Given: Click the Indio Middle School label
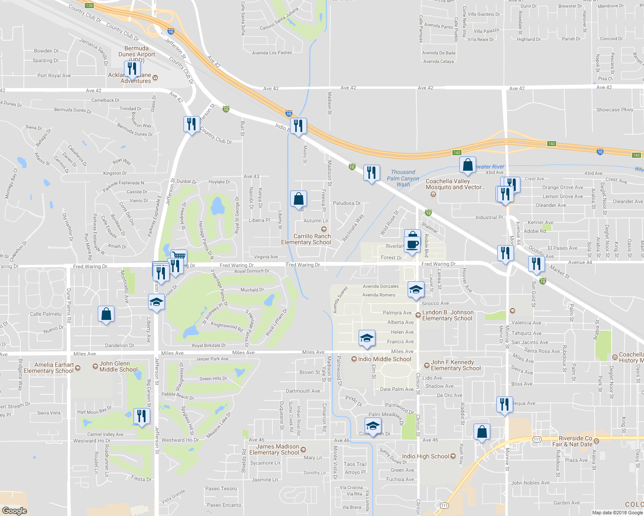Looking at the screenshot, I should (x=384, y=359).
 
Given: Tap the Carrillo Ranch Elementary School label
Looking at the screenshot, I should (x=306, y=239).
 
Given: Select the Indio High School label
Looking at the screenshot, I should (x=425, y=456).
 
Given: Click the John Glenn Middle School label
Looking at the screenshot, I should (x=118, y=366).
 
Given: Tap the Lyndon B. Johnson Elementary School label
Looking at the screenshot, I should (x=448, y=315).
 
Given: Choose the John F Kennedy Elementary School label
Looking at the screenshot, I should (x=455, y=365).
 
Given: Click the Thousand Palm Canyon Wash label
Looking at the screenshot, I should (x=403, y=178).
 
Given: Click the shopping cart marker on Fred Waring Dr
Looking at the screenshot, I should (x=179, y=257).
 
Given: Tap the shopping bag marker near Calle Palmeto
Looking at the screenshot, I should (x=106, y=314).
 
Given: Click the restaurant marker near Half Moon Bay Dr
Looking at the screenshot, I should (x=141, y=416).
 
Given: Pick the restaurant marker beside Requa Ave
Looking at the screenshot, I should (x=504, y=405).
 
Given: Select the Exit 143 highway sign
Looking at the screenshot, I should (x=637, y=155).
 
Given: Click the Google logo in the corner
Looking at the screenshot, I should (x=15, y=511).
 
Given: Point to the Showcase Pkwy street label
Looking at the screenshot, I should (x=614, y=110).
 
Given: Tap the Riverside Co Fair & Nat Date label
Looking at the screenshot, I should (x=575, y=441).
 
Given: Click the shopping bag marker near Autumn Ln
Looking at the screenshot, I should (x=298, y=199).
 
